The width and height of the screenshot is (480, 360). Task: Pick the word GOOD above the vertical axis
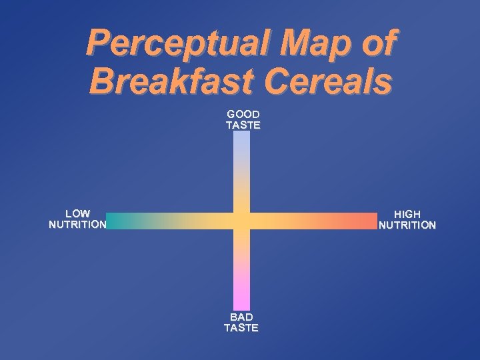(243, 114)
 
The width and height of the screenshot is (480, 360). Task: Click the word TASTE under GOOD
(243, 125)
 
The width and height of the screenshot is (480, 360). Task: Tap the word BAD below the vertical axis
(241, 317)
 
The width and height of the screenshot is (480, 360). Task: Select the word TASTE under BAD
(241, 327)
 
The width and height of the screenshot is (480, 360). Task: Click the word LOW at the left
(77, 213)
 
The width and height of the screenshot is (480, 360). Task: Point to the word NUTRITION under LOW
(77, 224)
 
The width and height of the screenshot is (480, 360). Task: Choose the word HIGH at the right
(407, 214)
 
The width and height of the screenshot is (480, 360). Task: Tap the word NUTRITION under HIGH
(407, 225)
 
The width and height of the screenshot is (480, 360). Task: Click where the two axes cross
(241, 221)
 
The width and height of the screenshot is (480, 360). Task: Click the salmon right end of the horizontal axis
(372, 221)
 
